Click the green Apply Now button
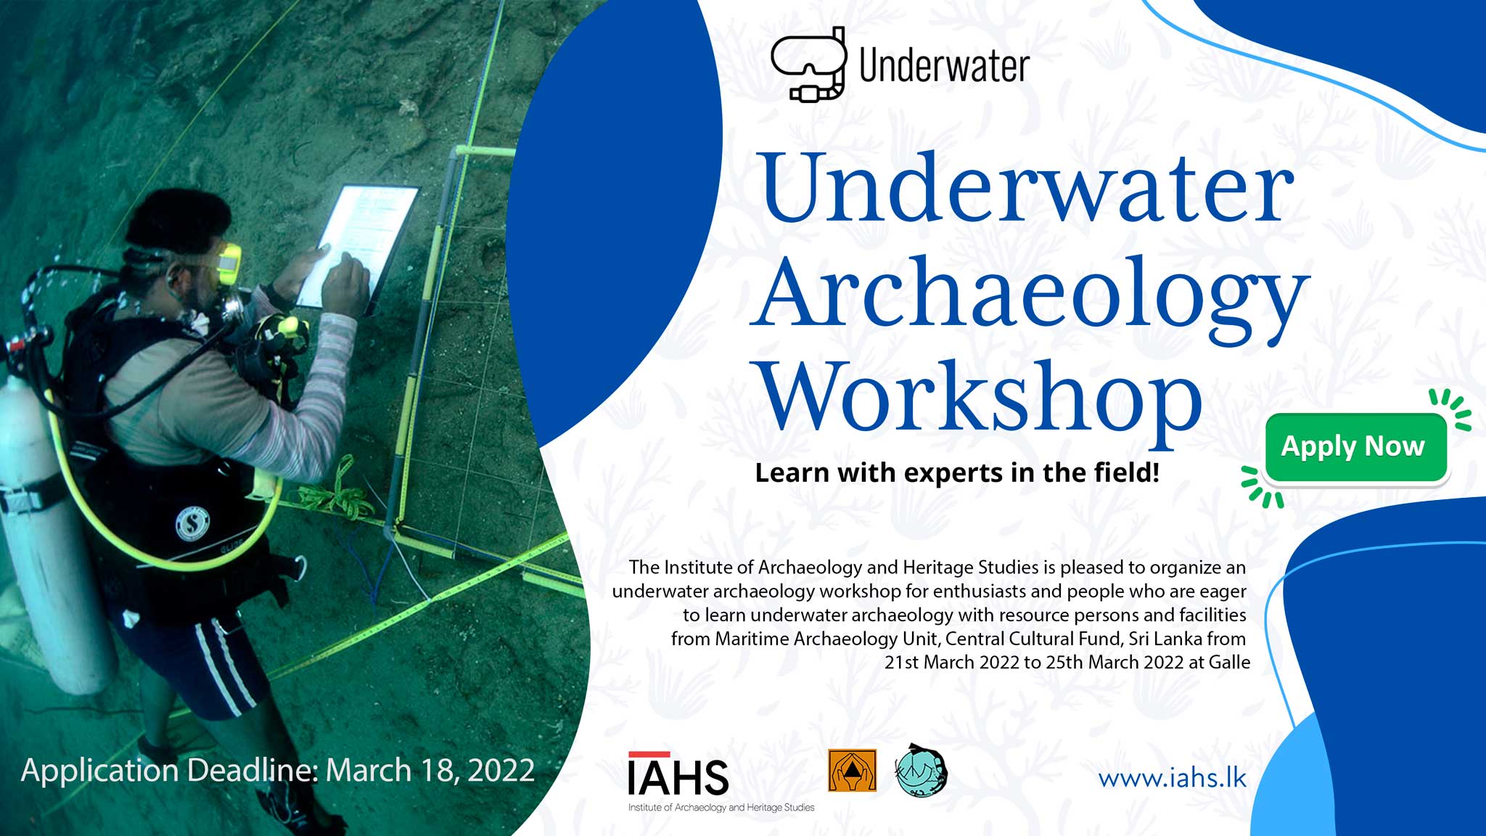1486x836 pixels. click(1356, 447)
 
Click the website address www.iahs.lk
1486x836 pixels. click(1172, 778)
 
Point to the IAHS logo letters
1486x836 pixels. click(678, 776)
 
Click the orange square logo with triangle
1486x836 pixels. click(853, 770)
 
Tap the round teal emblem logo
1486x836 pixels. click(921, 771)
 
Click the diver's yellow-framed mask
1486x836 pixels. click(229, 264)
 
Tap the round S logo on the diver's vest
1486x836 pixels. click(192, 524)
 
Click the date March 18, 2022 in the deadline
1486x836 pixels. click(430, 770)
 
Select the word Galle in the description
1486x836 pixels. click(1229, 662)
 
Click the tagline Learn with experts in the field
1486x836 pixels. click(957, 472)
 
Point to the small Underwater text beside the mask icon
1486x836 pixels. click(944, 66)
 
